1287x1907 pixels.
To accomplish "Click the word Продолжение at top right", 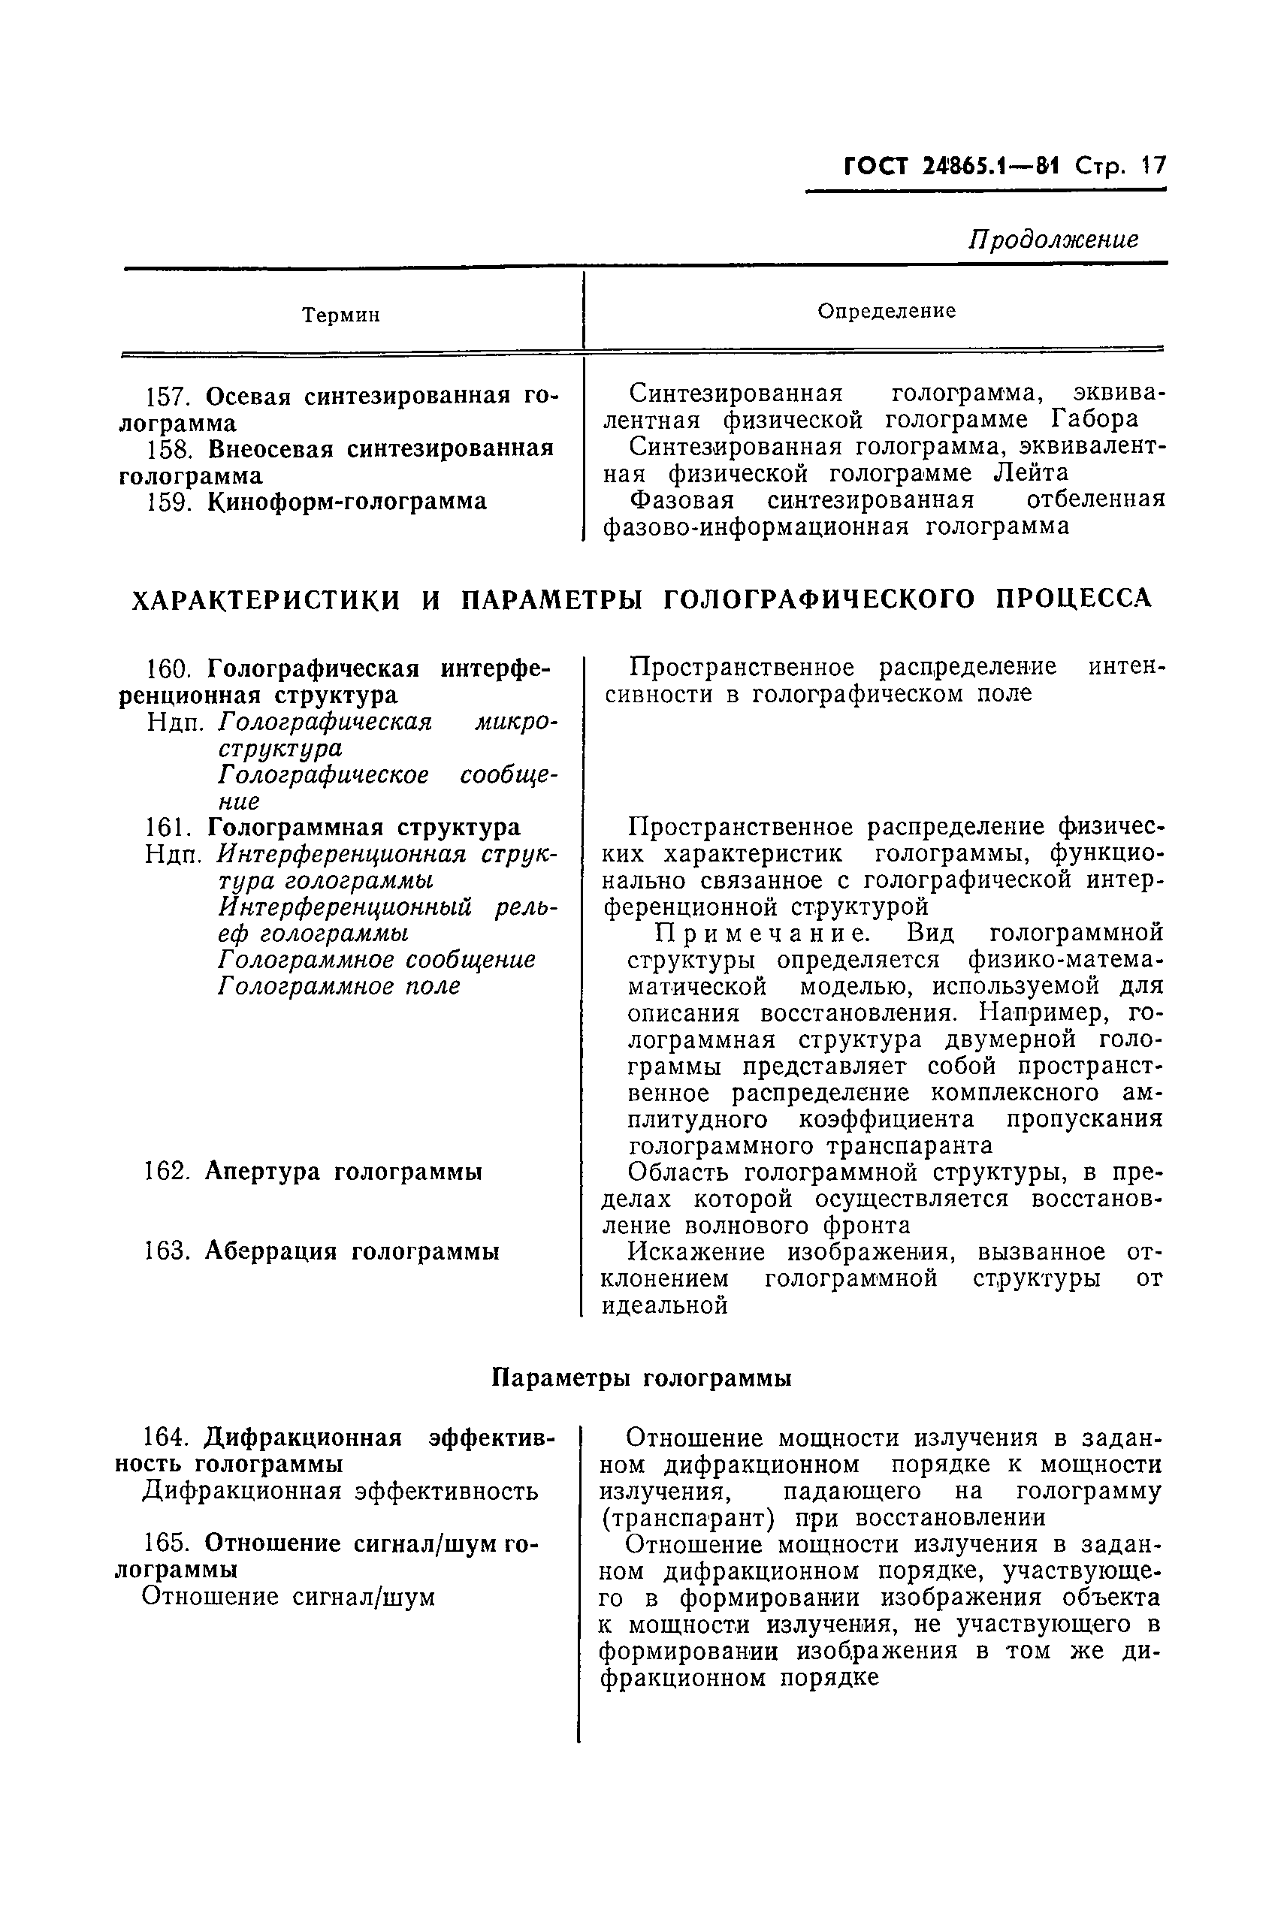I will [1054, 239].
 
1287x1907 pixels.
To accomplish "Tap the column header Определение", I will [887, 311].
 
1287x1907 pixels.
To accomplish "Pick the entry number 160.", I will [168, 669].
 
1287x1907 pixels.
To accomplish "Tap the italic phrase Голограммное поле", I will [339, 986].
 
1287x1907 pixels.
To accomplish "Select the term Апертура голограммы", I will [343, 1172].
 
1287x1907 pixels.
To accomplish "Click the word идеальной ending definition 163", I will [665, 1305].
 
